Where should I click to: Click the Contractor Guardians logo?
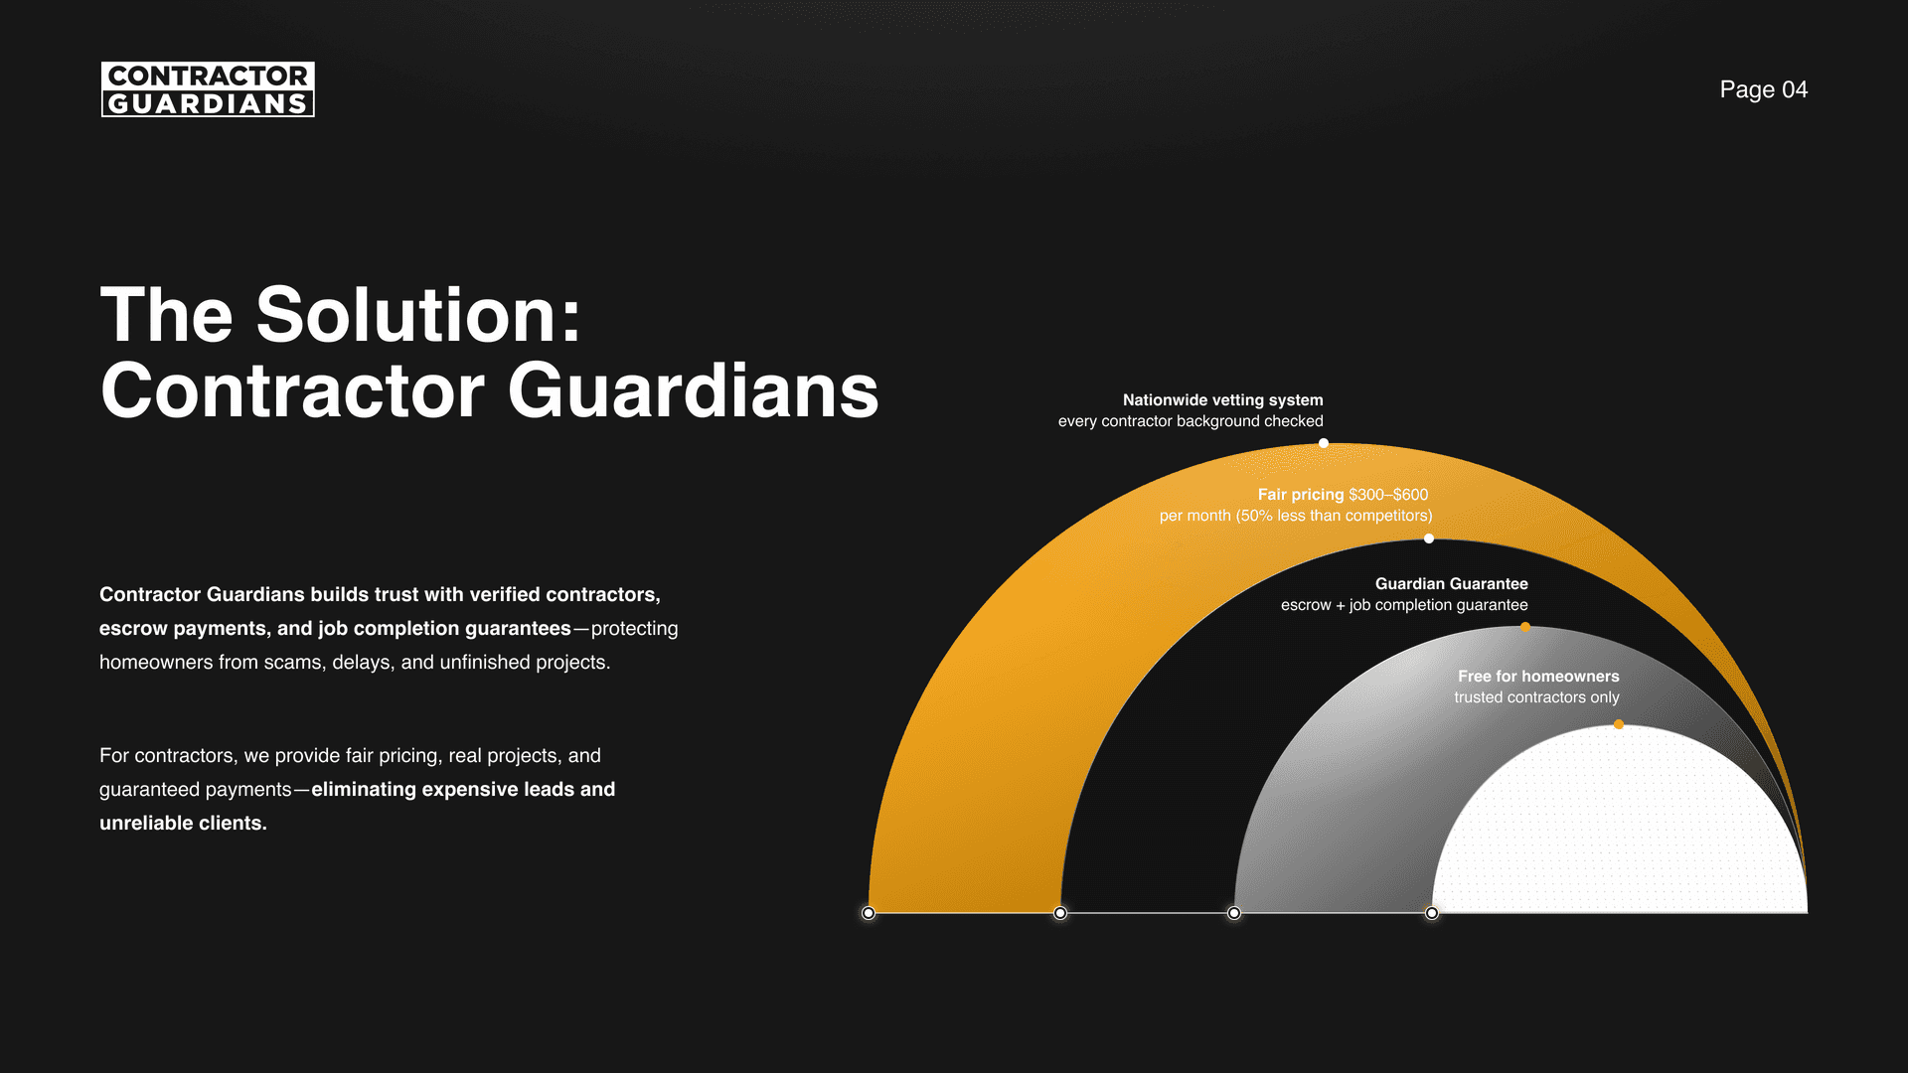click(208, 89)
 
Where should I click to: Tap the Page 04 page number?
click(1763, 89)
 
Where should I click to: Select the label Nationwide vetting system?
click(1222, 399)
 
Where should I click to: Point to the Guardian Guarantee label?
click(1451, 583)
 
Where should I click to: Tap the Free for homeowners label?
click(1537, 676)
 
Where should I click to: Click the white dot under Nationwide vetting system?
click(1324, 443)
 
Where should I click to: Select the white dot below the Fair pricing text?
click(1429, 538)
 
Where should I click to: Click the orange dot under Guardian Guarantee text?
click(1525, 627)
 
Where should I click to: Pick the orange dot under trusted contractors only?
click(1619, 724)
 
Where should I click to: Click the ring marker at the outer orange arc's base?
click(869, 913)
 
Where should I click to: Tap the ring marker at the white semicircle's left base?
click(1432, 913)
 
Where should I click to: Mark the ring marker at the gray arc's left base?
click(1234, 913)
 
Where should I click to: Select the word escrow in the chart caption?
click(1305, 605)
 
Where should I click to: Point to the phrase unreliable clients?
click(183, 823)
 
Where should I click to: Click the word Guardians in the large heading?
click(693, 390)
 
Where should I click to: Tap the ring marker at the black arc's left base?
click(1060, 913)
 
